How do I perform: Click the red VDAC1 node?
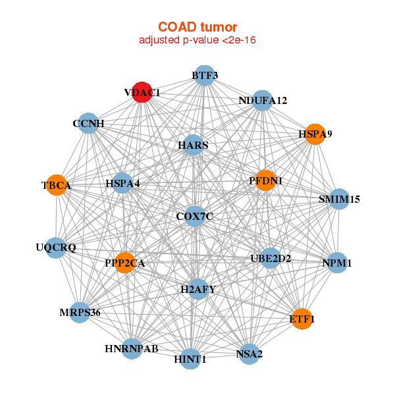point(142,92)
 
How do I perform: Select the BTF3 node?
point(205,75)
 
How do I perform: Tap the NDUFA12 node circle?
point(262,101)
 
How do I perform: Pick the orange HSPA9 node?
point(315,134)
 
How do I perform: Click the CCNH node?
point(88,123)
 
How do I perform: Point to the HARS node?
point(193,145)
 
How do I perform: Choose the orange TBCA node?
point(57,185)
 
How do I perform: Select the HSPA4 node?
point(122,183)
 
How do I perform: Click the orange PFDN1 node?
point(265,180)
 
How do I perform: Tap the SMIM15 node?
point(339,199)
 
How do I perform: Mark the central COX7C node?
point(195,216)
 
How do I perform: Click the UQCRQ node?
point(56,248)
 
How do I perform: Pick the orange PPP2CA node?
point(124,263)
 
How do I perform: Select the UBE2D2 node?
point(271,258)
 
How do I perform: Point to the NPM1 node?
point(337,263)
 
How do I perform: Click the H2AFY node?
point(198,289)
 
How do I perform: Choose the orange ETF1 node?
point(302,319)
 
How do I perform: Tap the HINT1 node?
point(190,359)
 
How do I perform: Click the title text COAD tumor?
point(197,27)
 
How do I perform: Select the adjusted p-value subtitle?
point(197,40)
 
